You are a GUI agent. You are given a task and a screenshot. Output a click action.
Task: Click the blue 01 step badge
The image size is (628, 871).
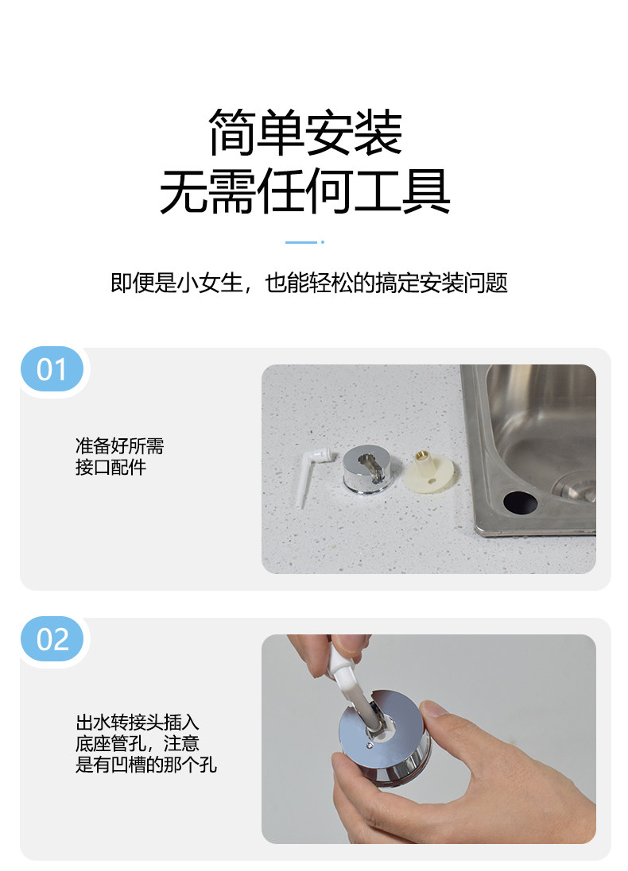pyautogui.click(x=52, y=369)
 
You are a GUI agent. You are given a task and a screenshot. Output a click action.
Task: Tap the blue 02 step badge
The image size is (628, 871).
pyautogui.click(x=52, y=639)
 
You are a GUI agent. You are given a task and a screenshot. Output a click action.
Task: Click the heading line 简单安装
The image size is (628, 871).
pyautogui.click(x=304, y=133)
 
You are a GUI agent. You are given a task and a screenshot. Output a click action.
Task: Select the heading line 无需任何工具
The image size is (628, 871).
pyautogui.click(x=304, y=191)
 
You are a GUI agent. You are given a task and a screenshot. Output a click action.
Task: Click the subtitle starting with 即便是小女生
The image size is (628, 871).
pyautogui.click(x=308, y=283)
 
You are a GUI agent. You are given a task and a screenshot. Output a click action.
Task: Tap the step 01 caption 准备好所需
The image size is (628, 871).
pyautogui.click(x=119, y=445)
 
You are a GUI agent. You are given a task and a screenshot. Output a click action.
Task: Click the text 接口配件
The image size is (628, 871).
pyautogui.click(x=110, y=467)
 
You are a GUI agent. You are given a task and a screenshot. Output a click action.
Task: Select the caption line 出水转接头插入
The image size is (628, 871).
pyautogui.click(x=137, y=723)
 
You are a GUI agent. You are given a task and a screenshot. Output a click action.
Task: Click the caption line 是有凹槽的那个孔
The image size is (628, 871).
pyautogui.click(x=145, y=765)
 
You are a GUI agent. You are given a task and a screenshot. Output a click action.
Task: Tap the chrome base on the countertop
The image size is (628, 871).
pyautogui.click(x=371, y=470)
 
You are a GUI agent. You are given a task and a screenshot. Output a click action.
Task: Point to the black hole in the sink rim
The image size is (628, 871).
pyautogui.click(x=520, y=502)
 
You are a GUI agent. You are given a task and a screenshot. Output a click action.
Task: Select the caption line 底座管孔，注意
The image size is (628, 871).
pyautogui.click(x=137, y=744)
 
